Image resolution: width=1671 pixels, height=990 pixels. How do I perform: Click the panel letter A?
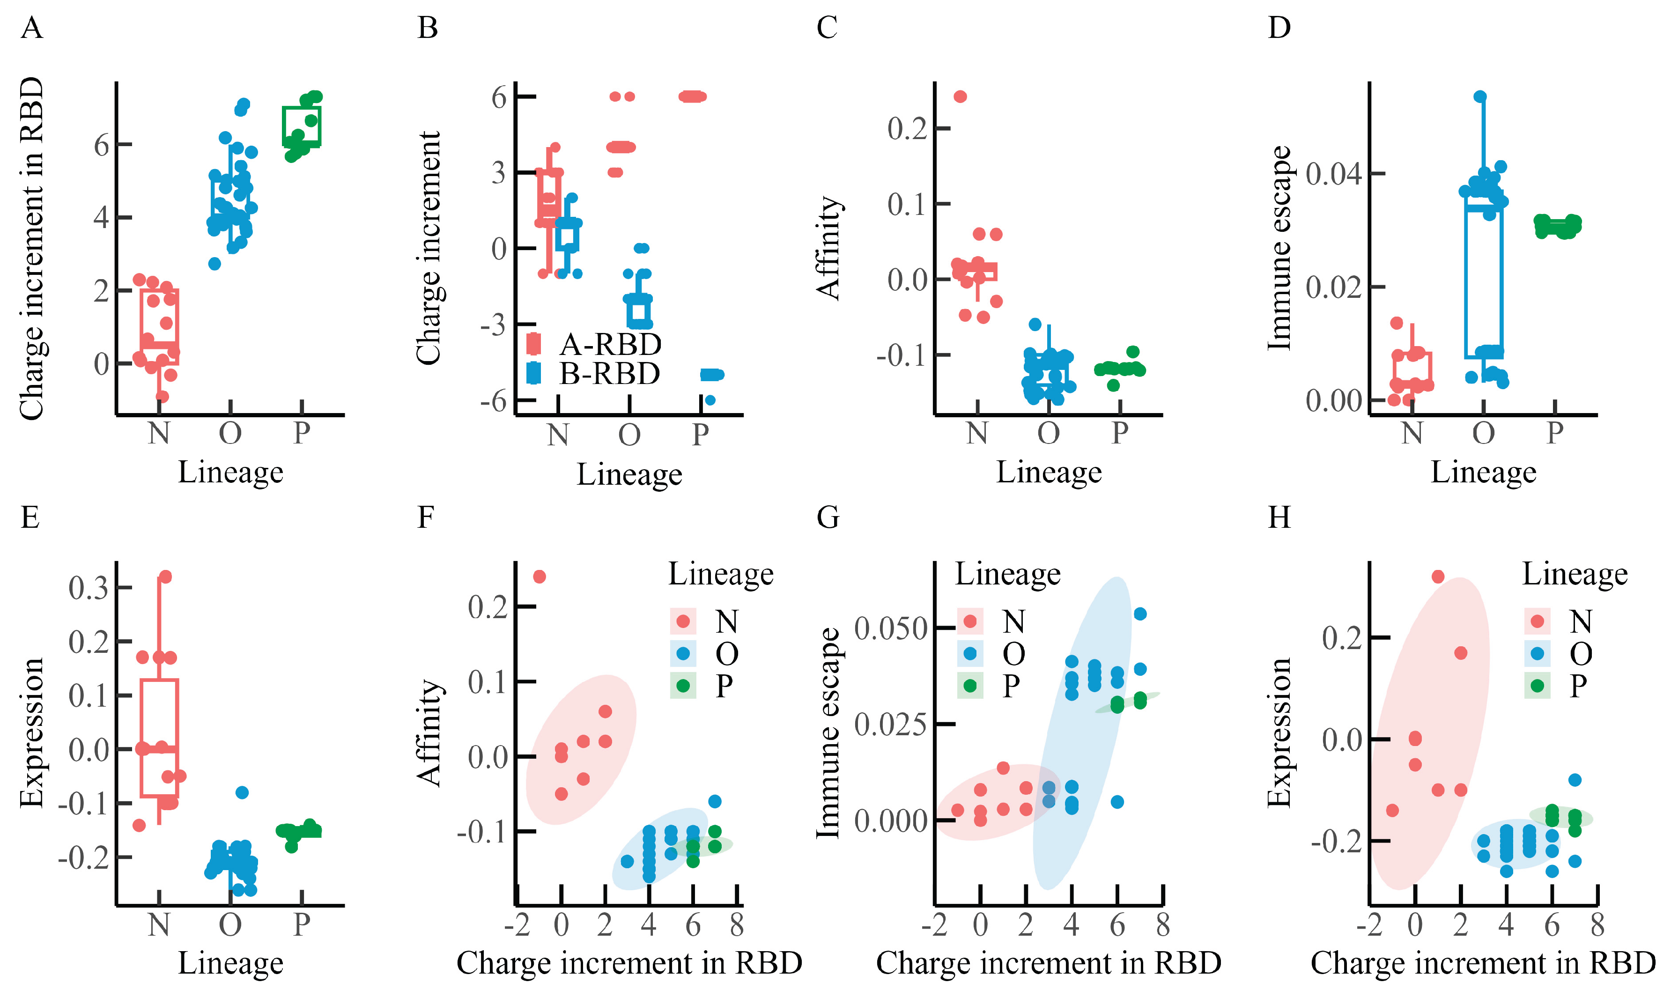click(31, 29)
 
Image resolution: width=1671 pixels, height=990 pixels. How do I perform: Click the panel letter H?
click(1279, 517)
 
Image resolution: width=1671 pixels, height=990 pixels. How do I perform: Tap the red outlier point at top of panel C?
click(960, 97)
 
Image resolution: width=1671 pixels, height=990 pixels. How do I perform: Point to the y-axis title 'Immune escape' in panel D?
click(1279, 248)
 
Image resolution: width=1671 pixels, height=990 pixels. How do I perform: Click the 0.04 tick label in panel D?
click(1333, 174)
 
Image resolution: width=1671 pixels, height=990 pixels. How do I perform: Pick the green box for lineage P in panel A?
click(302, 126)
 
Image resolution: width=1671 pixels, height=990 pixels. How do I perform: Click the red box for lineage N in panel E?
click(159, 738)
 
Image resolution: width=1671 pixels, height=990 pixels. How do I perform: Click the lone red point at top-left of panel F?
click(540, 576)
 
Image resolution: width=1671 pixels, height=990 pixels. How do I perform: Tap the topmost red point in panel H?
click(1438, 576)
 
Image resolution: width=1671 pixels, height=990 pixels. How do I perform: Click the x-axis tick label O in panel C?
click(1048, 434)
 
